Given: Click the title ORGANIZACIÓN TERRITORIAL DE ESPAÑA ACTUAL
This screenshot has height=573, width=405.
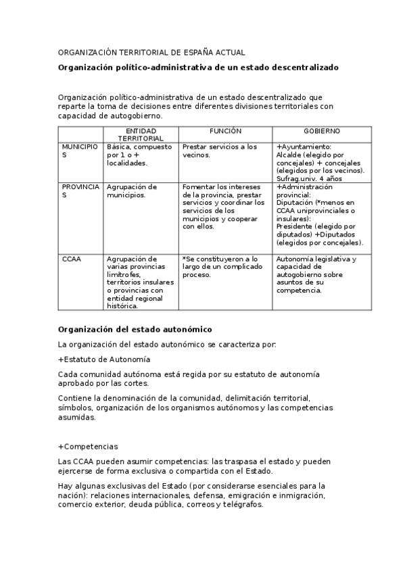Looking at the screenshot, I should (x=151, y=52).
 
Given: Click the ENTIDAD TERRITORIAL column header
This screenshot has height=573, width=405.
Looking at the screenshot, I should (x=141, y=134).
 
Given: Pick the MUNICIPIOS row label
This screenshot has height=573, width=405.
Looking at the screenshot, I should (x=80, y=150).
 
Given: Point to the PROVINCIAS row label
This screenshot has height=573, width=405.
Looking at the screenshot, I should (x=80, y=191).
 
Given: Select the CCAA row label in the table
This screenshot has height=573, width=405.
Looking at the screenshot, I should (x=71, y=259).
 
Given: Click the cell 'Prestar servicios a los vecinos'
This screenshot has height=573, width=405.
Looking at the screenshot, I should (x=220, y=150).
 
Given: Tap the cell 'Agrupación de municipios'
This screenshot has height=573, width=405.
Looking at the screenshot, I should (x=132, y=191).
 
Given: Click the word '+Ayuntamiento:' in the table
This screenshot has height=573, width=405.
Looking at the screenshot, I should (x=304, y=147).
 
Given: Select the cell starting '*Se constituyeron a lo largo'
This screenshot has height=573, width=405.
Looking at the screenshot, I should (x=222, y=267).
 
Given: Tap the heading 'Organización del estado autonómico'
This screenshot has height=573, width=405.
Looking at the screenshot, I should (x=135, y=329).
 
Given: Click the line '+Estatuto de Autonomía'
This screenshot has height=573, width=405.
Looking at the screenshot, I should (x=104, y=359).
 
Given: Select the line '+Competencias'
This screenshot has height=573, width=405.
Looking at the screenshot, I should (x=88, y=447).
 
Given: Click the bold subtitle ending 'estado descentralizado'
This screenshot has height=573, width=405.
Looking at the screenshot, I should (x=198, y=68).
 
